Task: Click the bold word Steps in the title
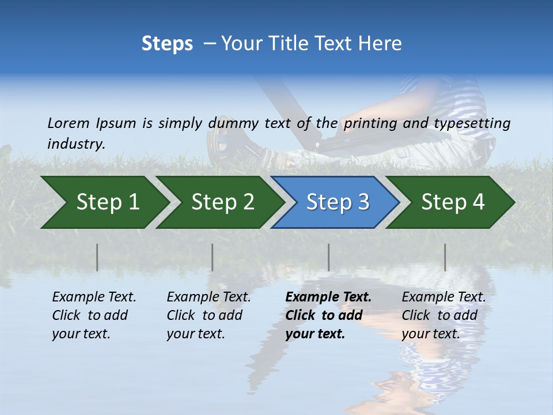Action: tap(167, 44)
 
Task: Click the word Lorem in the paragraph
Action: tap(68, 123)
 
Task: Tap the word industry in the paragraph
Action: tap(75, 144)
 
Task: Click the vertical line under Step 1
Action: tap(97, 257)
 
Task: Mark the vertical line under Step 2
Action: tap(213, 257)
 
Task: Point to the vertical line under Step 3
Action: tap(329, 257)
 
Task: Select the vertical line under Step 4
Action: tap(445, 257)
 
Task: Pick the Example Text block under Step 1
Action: tap(94, 315)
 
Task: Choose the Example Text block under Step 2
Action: tap(209, 315)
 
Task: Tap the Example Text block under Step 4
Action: tap(444, 315)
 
